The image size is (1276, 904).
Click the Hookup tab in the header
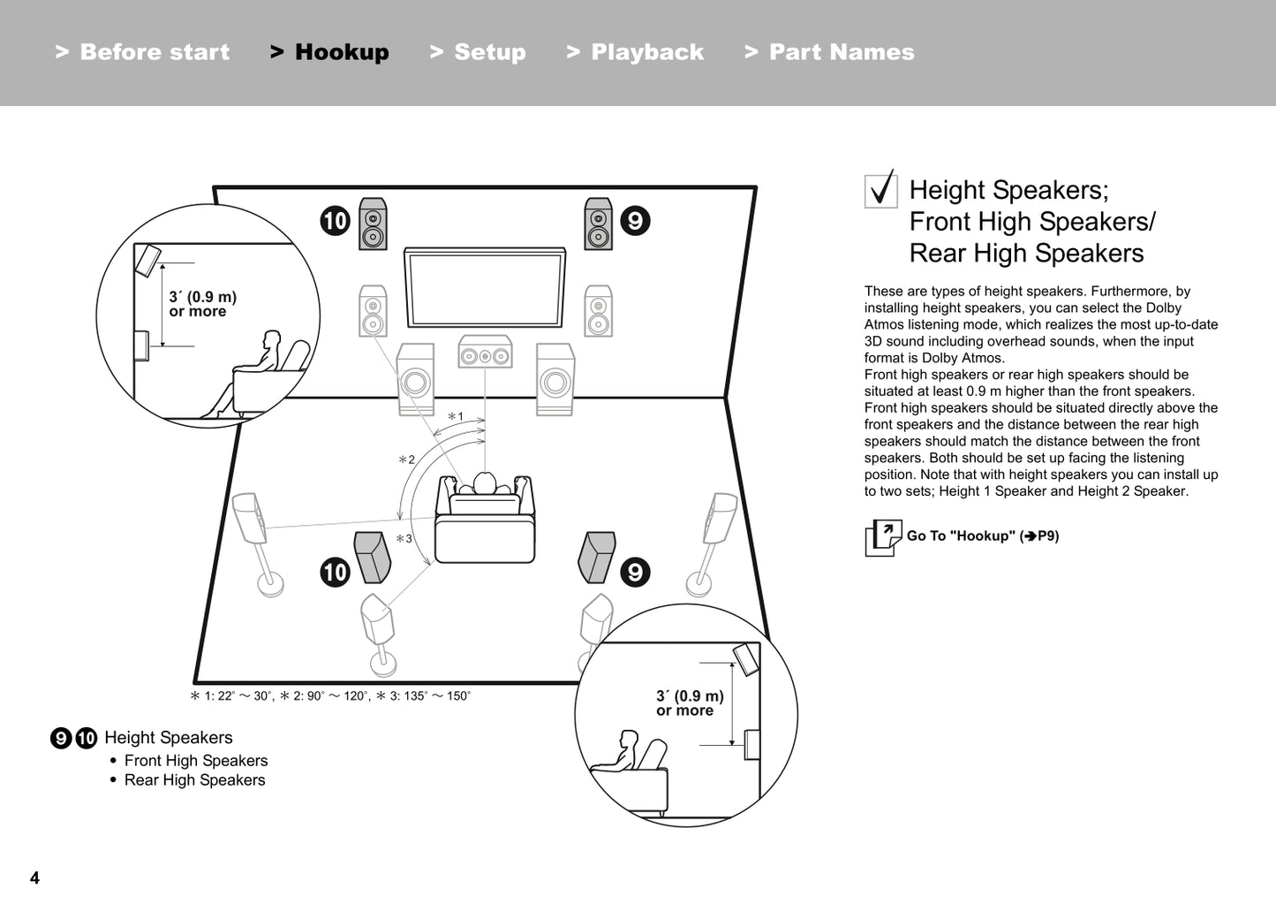[329, 52]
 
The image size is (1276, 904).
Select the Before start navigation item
[142, 52]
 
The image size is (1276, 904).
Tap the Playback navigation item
[635, 52]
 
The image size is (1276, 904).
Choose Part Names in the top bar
[829, 52]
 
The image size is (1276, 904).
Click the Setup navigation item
[478, 52]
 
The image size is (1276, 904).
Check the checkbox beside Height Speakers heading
[880, 190]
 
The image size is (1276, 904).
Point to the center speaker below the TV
[485, 353]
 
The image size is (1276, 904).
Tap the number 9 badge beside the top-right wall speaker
[635, 220]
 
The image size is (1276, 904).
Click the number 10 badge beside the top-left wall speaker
[336, 220]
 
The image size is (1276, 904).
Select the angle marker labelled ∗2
[406, 460]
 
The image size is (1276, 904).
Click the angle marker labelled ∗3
[404, 538]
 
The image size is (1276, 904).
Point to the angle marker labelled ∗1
[456, 416]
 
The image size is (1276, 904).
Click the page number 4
[34, 877]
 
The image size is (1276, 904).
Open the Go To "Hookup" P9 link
[981, 536]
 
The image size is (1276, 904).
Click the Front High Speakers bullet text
[195, 761]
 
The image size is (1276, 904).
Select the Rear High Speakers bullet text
[194, 780]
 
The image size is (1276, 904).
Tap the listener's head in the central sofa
[485, 482]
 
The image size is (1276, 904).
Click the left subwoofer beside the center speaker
[415, 379]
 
